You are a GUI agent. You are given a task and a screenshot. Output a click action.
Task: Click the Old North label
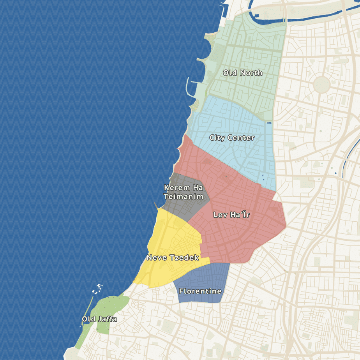point(242,73)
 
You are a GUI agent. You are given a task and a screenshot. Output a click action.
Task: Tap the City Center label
point(232,138)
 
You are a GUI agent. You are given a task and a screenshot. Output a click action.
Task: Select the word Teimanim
point(184,197)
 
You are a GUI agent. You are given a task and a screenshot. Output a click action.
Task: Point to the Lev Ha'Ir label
point(231,215)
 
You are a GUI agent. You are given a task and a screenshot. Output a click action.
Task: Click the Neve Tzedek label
point(173,258)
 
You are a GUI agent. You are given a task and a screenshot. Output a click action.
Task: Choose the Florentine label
point(200,291)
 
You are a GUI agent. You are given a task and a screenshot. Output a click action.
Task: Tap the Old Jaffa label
point(99,319)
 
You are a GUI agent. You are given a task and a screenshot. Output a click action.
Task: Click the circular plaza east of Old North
point(322,84)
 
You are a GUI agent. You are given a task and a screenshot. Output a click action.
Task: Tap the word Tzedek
point(185,258)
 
